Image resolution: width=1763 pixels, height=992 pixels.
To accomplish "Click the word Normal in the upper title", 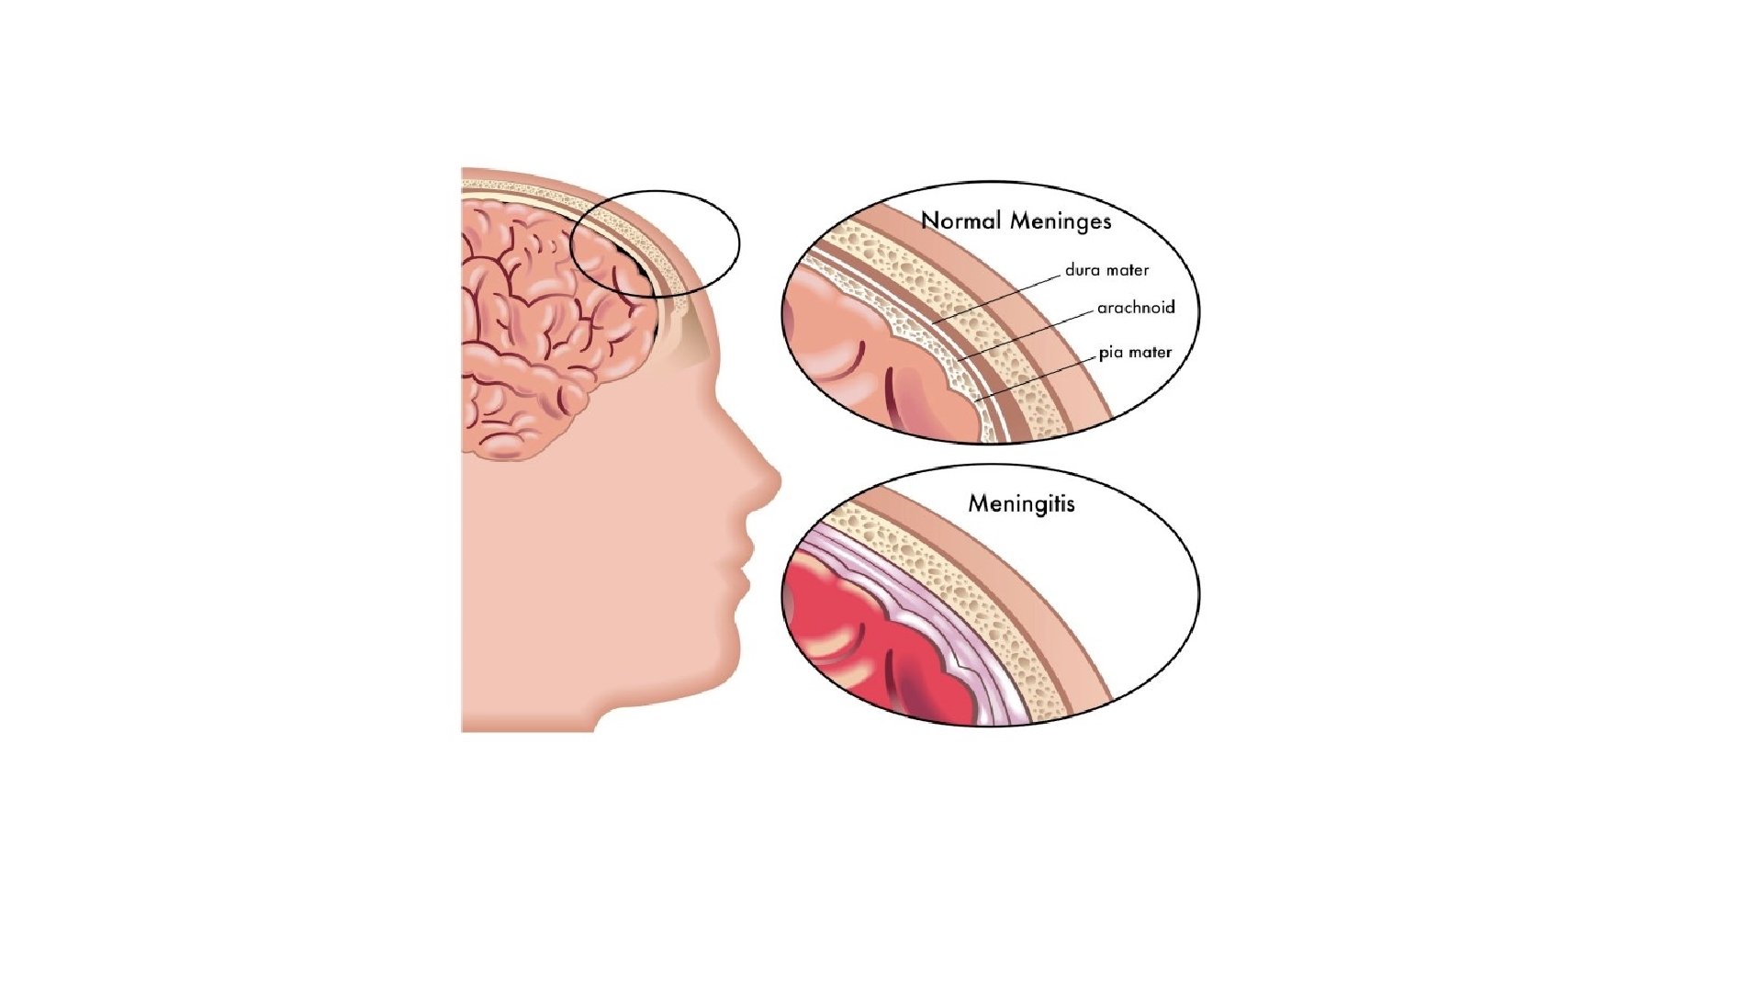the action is point(960,221).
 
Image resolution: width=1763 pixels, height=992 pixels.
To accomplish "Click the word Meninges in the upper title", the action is point(1061,221).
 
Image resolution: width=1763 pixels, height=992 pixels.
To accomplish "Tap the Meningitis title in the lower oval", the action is point(1021,503).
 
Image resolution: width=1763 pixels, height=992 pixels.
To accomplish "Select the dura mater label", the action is point(1106,270).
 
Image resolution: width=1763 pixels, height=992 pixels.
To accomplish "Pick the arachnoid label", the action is point(1136,308).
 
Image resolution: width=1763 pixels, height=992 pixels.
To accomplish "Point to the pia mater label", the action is point(1135,352).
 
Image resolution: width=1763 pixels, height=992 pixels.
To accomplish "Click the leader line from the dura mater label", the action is point(1001,297).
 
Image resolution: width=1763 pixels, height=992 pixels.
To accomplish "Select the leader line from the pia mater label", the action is point(1038,377).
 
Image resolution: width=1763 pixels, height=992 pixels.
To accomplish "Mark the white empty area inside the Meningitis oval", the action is point(1120,588).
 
